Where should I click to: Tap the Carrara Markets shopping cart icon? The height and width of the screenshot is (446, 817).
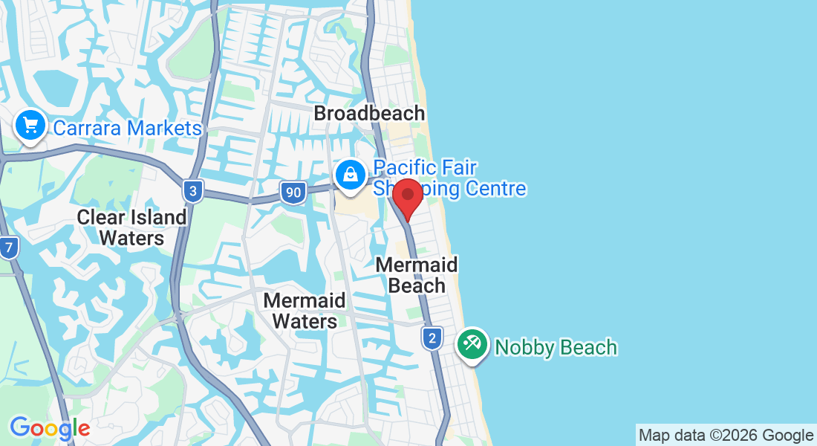point(30,126)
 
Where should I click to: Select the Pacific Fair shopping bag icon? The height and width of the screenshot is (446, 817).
point(349,175)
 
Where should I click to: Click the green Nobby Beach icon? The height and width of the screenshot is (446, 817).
point(472,344)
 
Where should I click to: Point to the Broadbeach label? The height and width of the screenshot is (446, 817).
point(369,114)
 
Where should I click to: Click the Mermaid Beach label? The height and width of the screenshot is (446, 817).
point(417,275)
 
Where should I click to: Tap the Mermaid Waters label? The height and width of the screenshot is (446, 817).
point(305,311)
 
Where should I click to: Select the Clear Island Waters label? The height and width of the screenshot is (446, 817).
point(132,227)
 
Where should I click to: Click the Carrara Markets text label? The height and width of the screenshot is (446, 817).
point(127,129)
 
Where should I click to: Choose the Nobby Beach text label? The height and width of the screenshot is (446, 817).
point(556,347)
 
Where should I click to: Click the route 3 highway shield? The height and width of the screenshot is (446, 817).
point(192,192)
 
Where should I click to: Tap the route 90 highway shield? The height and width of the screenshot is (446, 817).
point(293,193)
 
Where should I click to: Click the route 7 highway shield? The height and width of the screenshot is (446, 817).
point(8,248)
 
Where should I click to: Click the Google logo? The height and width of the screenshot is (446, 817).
point(50,428)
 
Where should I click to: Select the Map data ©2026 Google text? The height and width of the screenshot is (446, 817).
point(726,436)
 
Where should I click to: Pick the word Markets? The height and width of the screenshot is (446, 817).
point(163,129)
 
